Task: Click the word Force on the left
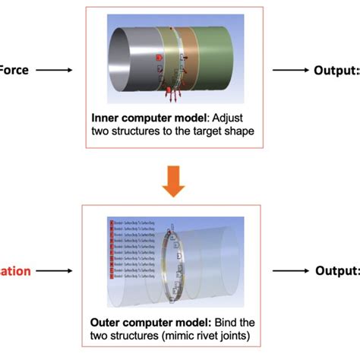click(x=14, y=70)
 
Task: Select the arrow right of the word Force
click(x=52, y=71)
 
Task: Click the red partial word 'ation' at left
click(x=14, y=270)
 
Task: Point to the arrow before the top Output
click(x=292, y=71)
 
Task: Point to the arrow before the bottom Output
click(x=292, y=271)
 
